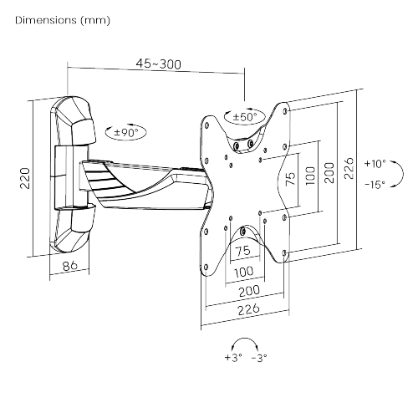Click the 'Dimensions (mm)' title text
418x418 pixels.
click(62, 18)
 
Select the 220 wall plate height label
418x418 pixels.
click(25, 177)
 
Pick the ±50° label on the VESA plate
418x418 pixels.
click(245, 117)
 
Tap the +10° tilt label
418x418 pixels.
click(375, 164)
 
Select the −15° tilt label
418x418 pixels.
click(375, 183)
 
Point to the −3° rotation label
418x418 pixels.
click(261, 359)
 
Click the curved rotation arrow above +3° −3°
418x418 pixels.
click(246, 343)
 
